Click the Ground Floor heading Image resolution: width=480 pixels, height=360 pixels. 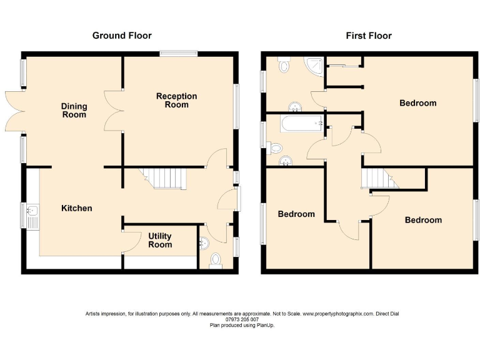[122, 36]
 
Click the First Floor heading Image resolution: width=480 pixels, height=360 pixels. [369, 36]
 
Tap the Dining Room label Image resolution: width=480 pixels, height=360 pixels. [74, 111]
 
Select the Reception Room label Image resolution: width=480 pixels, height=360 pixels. [176, 101]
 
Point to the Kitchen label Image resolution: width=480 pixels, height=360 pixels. [76, 208]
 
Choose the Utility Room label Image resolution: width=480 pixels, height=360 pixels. [160, 241]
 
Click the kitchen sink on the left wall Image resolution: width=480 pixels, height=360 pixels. [31, 216]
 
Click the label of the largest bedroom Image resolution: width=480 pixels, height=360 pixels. [417, 103]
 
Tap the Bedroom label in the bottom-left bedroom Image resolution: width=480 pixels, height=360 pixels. [296, 214]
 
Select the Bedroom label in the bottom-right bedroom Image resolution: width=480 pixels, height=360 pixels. [423, 220]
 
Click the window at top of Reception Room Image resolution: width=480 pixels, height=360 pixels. [179, 54]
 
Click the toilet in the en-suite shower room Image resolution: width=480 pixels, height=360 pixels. [284, 64]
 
